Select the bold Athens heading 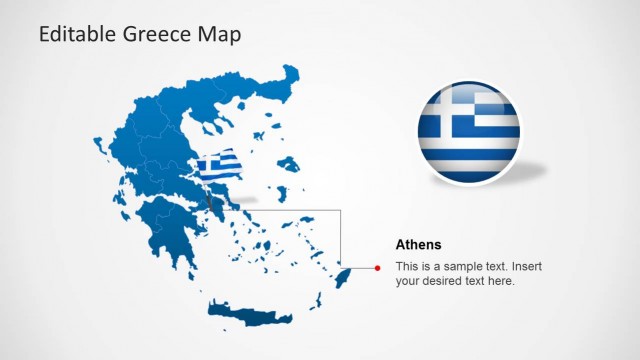[418, 244]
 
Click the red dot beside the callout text [377, 267]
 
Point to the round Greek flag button [469, 133]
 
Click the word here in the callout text [500, 281]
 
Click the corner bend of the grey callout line [342, 210]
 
